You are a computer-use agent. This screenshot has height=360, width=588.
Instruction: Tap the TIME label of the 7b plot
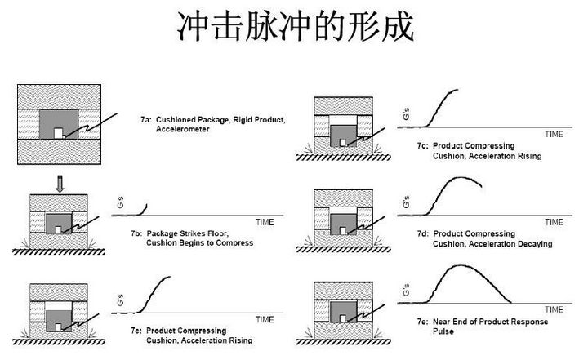click(x=265, y=221)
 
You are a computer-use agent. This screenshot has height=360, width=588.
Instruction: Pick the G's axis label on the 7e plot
click(x=406, y=290)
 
